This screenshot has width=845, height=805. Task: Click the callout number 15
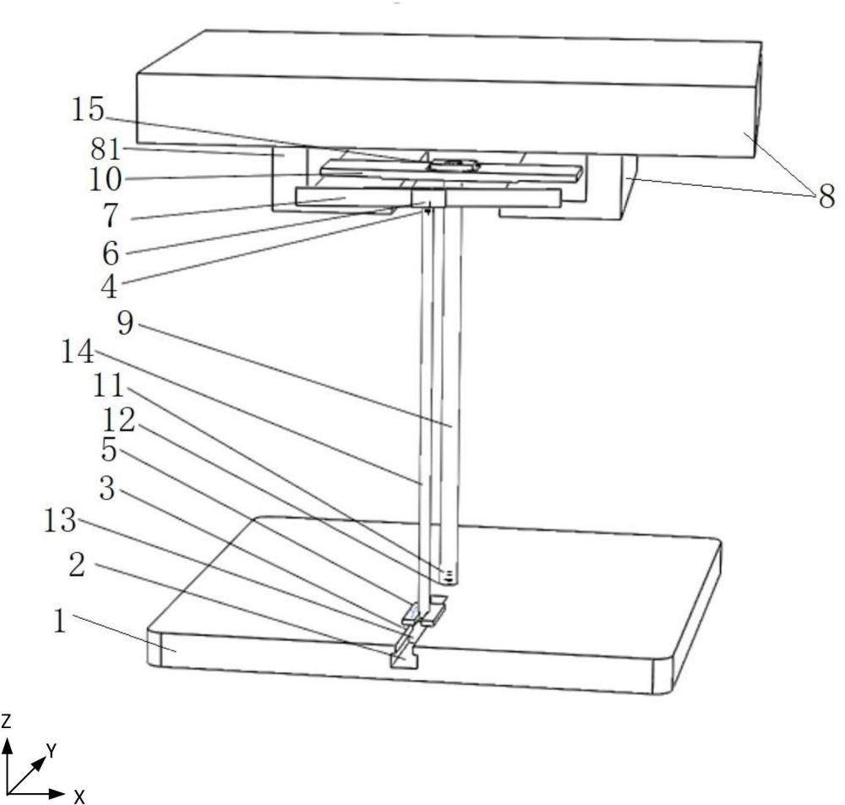88,110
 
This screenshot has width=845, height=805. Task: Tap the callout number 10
105,179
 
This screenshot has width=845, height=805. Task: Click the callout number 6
111,253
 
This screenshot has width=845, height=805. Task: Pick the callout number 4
109,287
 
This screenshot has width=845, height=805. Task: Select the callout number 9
125,323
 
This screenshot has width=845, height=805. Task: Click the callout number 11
109,386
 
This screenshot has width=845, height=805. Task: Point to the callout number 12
118,419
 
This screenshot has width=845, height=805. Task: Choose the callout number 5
109,449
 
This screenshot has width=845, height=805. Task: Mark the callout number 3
107,489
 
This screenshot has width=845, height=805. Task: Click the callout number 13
60,522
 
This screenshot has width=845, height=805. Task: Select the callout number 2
77,566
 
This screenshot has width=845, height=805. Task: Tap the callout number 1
59,622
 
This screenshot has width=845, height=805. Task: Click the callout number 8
826,196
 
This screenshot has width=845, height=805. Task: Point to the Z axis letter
6,721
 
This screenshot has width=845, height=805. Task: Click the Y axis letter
52,750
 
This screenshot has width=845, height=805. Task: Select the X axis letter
79,797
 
